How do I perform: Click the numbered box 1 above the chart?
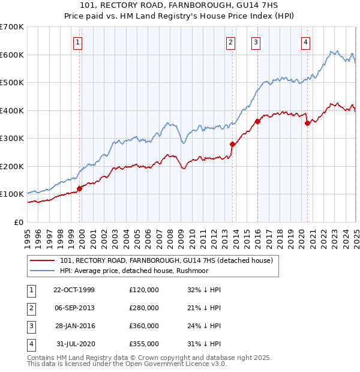(x=79, y=42)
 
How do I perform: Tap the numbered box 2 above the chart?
(x=231, y=42)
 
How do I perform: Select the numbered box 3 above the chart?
(x=256, y=42)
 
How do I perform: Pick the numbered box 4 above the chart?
(x=306, y=42)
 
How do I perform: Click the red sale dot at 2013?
(x=232, y=144)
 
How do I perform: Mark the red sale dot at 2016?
(x=257, y=121)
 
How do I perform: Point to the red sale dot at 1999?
(x=80, y=188)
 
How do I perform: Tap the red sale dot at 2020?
(x=307, y=123)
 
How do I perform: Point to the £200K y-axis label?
(x=12, y=166)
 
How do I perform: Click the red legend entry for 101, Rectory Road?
(x=166, y=260)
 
